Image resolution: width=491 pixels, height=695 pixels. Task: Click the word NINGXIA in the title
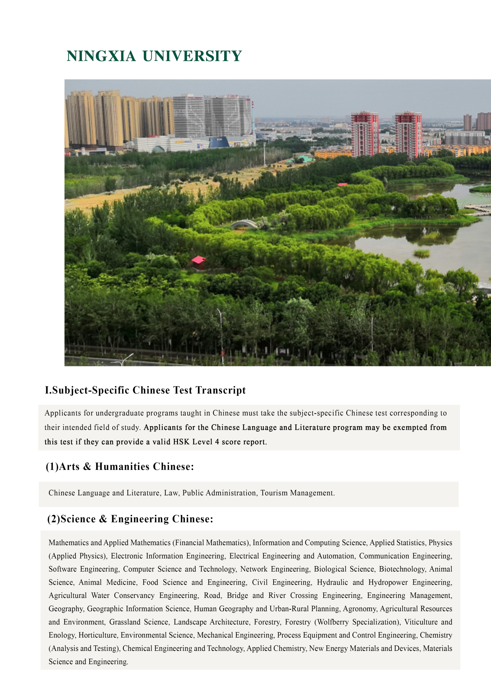pyautogui.click(x=101, y=56)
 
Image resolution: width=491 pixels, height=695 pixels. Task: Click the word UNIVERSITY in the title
pyautogui.click(x=192, y=56)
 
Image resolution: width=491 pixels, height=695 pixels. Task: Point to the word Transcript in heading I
pyautogui.click(x=220, y=390)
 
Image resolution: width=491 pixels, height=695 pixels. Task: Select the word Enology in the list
pyautogui.click(x=62, y=635)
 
